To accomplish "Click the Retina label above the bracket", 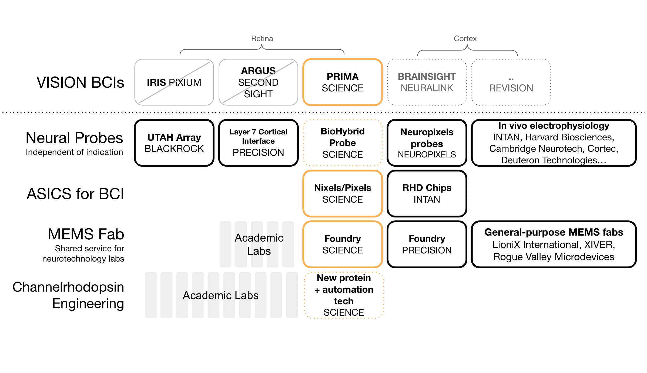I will point(262,39).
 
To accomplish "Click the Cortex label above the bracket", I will point(465,39).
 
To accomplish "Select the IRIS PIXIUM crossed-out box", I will point(174,82).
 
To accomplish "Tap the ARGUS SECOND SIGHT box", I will point(258,82).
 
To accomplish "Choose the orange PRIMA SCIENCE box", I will point(343,82).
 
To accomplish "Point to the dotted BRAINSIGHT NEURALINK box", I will point(427,82).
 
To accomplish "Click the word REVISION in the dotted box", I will point(511,88).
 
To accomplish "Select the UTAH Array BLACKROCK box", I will point(174,143).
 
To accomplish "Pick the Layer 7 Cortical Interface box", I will point(258,143).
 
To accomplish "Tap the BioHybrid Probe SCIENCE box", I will point(343,143).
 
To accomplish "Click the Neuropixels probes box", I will point(427,143).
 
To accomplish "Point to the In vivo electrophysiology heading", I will point(554,126).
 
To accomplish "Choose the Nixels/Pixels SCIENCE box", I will point(343,193).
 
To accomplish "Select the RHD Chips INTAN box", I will point(427,193).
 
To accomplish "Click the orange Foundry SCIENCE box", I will point(343,244).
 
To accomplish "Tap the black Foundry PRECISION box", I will point(427,244).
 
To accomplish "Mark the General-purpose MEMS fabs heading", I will point(554,232).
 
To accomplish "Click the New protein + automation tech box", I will point(344,295).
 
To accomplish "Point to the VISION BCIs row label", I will point(80,82).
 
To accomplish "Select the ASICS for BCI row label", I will point(75,194).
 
